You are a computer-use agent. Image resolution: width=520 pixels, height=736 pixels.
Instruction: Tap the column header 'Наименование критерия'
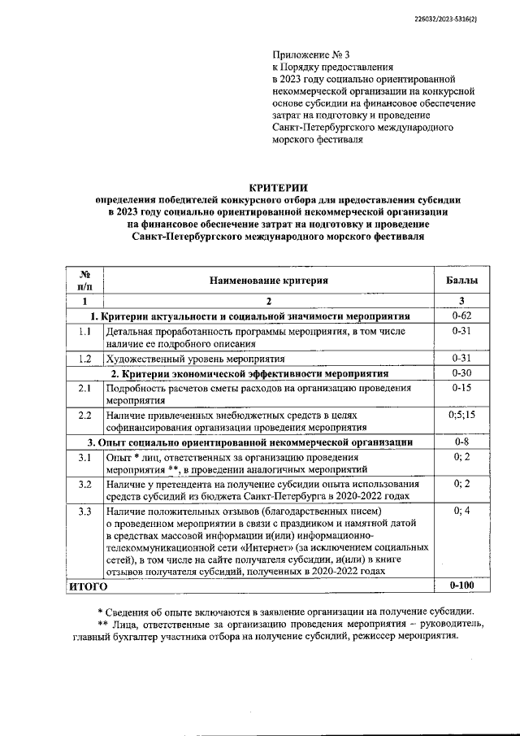tap(268, 280)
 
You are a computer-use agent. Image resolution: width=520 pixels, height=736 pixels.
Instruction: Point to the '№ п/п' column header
tap(84, 280)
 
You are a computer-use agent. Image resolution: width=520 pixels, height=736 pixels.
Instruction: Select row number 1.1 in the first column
tap(84, 332)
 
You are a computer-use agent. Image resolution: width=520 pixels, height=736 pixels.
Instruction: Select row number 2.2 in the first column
tap(84, 416)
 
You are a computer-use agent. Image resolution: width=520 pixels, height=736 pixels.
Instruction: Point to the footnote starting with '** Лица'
tap(276, 630)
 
